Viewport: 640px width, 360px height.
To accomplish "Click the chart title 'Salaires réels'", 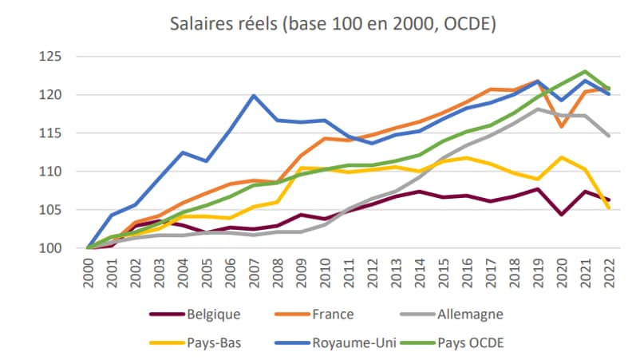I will (334, 23).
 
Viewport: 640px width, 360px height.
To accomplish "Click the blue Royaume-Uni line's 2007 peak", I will (254, 96).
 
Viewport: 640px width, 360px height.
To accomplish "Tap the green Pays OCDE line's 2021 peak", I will (586, 71).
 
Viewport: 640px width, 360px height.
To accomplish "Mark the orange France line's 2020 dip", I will (563, 126).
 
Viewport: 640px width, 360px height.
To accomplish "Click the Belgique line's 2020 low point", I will (563, 214).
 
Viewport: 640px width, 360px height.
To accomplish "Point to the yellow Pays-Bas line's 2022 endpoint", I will (610, 208).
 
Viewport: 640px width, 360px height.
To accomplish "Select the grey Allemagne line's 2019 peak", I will (539, 109).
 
